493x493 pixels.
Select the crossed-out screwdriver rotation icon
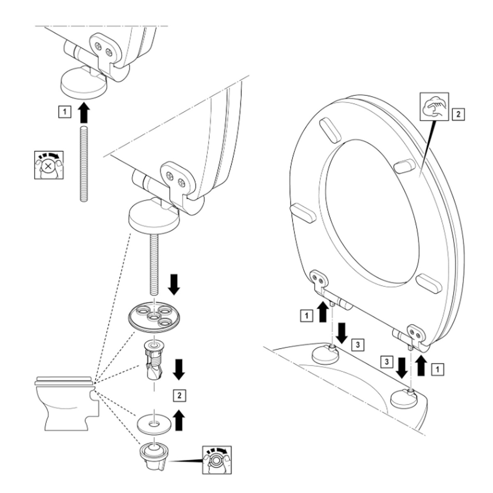(x=48, y=165)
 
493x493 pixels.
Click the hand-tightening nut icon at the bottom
(x=217, y=460)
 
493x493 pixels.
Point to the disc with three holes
(x=154, y=316)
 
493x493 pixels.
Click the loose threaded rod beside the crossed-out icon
(x=84, y=164)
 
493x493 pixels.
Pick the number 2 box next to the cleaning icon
(x=458, y=113)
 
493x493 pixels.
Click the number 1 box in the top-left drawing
(x=65, y=111)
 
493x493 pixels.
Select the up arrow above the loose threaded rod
(x=84, y=113)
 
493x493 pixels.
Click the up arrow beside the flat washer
(x=179, y=420)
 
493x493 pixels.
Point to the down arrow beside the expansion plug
(x=179, y=369)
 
